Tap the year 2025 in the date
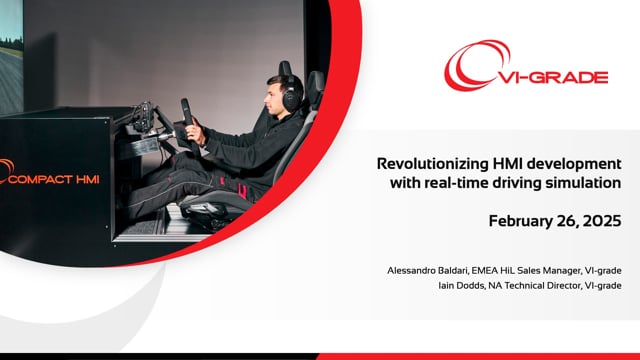(x=602, y=221)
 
